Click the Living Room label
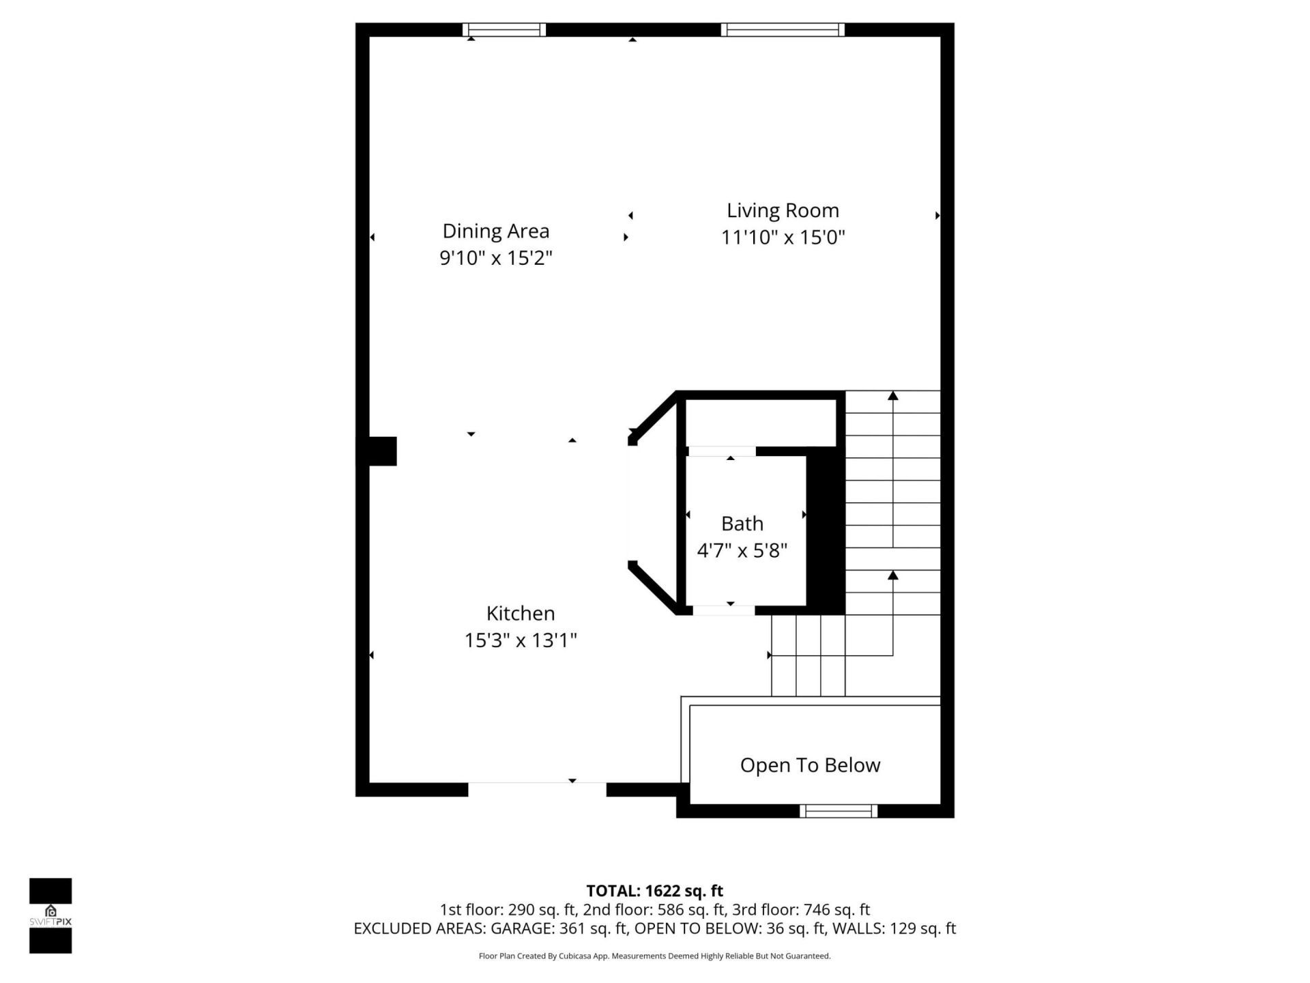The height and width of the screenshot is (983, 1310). click(783, 210)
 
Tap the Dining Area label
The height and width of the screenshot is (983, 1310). click(496, 231)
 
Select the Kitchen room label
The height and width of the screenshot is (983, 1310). click(521, 613)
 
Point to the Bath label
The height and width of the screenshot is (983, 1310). click(742, 524)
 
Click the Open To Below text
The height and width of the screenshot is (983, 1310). click(810, 765)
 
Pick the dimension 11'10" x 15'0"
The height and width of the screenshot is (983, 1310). click(783, 238)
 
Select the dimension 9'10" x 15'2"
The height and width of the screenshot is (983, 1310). click(496, 258)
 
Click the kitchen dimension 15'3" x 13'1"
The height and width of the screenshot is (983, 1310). click(521, 640)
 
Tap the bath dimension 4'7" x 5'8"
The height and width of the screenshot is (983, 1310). click(742, 550)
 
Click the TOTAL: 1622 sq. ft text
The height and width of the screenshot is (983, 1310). click(654, 891)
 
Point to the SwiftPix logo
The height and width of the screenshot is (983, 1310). click(50, 915)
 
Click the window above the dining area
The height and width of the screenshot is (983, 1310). click(504, 29)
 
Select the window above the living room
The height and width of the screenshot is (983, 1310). click(783, 29)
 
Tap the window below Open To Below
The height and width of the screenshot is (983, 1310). click(839, 811)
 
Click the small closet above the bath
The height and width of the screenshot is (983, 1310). click(761, 423)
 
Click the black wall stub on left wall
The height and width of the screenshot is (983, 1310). click(382, 451)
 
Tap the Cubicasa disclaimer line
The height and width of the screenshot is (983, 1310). click(654, 956)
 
